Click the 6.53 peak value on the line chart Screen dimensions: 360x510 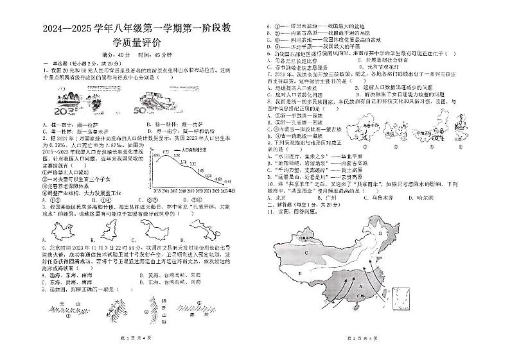tap(165, 153)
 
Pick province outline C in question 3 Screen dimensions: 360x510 tap(150, 228)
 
